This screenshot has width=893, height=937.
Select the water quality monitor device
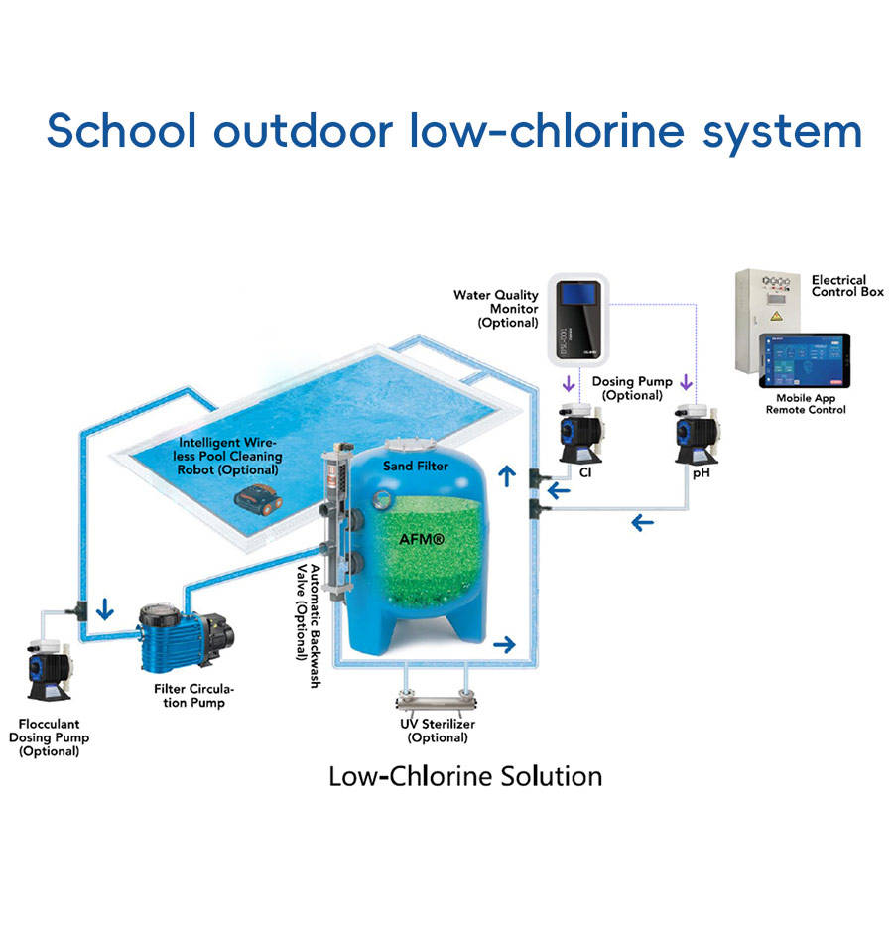coord(579,320)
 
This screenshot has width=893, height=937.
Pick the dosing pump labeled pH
coord(695,434)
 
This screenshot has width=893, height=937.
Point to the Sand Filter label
coord(415,466)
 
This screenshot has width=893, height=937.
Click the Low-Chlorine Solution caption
coord(465,775)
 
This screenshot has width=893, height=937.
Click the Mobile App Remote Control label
coord(806,403)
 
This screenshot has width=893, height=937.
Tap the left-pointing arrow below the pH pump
coord(643,522)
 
